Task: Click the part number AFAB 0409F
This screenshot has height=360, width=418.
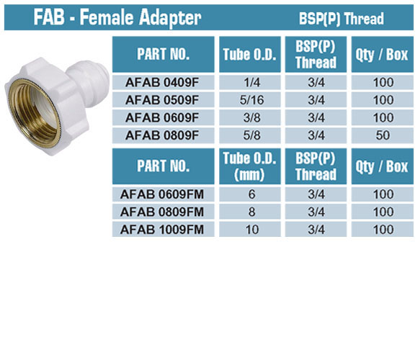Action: (x=162, y=83)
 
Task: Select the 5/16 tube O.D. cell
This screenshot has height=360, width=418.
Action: (x=252, y=100)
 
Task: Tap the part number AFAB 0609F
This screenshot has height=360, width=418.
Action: (x=162, y=117)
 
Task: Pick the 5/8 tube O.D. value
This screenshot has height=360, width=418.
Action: (x=252, y=135)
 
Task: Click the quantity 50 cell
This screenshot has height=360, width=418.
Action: (x=383, y=135)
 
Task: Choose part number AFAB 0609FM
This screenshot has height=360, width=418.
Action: (x=162, y=194)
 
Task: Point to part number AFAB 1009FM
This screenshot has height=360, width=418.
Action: (x=162, y=230)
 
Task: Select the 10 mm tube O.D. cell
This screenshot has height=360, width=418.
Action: (x=252, y=230)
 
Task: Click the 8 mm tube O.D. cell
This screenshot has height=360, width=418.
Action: (x=252, y=212)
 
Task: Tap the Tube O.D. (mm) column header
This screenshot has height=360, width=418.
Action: (x=250, y=166)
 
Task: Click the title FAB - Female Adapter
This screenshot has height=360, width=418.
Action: (x=117, y=17)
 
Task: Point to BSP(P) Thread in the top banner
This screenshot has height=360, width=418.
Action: (x=341, y=19)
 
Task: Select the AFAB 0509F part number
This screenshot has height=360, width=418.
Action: (x=162, y=100)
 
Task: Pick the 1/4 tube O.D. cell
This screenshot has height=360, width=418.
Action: (x=252, y=83)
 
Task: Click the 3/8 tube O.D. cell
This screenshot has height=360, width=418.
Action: (x=252, y=117)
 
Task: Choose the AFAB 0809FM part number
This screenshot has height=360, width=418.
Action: (x=162, y=212)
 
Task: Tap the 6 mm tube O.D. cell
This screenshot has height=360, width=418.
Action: (x=252, y=194)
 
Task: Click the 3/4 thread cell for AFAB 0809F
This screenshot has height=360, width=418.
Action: (x=316, y=135)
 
